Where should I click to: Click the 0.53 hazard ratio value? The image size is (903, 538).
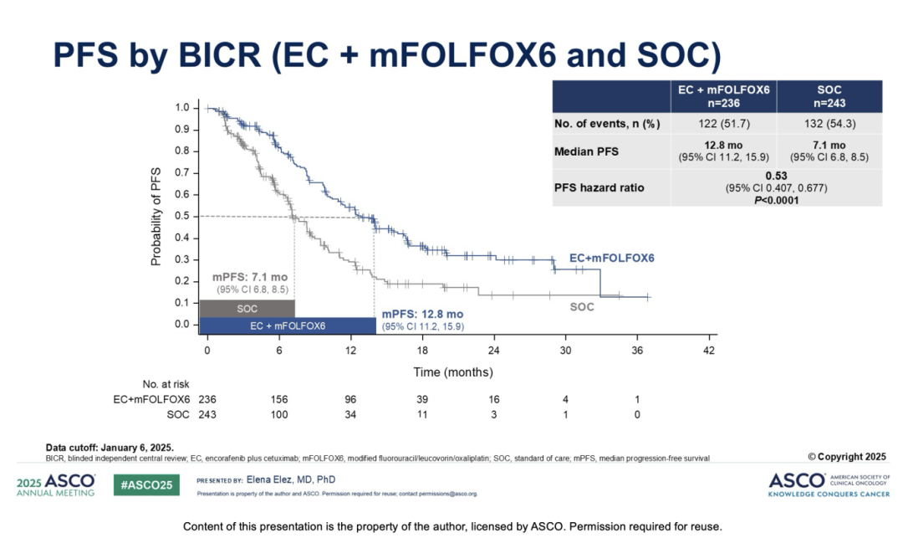(776, 176)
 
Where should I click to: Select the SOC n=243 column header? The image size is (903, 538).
(829, 96)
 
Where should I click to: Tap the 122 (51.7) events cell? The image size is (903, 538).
(724, 123)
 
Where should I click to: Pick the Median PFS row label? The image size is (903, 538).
(586, 151)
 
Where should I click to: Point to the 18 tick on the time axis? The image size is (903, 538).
(422, 351)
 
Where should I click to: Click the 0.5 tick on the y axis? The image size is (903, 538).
(182, 216)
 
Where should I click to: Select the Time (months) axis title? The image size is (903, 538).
(453, 372)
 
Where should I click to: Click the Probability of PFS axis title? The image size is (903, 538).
(156, 217)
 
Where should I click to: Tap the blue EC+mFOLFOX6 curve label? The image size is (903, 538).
(611, 258)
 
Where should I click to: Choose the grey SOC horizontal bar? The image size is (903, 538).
(247, 309)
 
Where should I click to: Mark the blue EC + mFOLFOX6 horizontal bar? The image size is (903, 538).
(288, 326)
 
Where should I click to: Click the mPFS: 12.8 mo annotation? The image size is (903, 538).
(422, 315)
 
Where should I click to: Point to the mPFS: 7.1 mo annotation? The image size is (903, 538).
(250, 277)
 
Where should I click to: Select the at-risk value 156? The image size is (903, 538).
(279, 399)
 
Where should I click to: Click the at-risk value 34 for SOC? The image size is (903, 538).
(350, 414)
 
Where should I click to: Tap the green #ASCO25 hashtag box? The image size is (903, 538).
(146, 485)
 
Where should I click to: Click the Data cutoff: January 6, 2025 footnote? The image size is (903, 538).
(110, 448)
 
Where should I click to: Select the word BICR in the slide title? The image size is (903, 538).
(220, 55)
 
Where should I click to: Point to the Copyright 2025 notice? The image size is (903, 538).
(846, 457)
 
